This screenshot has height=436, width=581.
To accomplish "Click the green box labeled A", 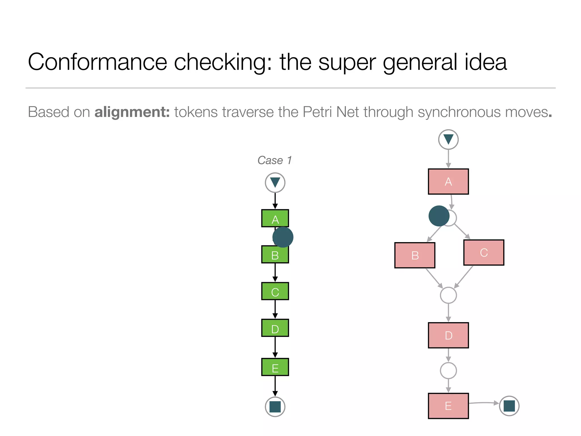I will coord(275,218).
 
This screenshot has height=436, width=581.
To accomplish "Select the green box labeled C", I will coord(275,291).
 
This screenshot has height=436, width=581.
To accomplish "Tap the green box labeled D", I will coord(275,328).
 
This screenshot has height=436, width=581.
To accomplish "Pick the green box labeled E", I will coord(275,367).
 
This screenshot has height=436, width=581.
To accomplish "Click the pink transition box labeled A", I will coord(448,182).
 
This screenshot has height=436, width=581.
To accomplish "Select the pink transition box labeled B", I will coord(415,255).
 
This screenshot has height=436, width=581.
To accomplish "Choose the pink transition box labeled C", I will coord(484,252).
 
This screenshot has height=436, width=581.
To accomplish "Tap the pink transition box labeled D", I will coord(448,335).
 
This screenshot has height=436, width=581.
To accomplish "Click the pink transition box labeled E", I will coord(448,406).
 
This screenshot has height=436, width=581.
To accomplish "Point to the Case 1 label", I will coord(274,160).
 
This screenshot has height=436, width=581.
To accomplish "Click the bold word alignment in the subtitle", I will coord(132,112).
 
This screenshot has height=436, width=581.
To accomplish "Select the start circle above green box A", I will coord(275,183).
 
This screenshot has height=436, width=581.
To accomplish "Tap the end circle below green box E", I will coord(275,406).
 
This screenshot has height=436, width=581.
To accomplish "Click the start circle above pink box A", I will coord(448,139).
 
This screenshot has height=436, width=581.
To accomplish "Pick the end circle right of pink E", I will coord(509,406).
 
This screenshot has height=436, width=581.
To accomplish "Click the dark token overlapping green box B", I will coord(283,237).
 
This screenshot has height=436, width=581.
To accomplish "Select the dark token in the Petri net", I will coord(439,216).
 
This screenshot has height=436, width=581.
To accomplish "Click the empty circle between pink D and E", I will coord(448,370).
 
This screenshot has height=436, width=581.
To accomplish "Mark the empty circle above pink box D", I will coord(448,295).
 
